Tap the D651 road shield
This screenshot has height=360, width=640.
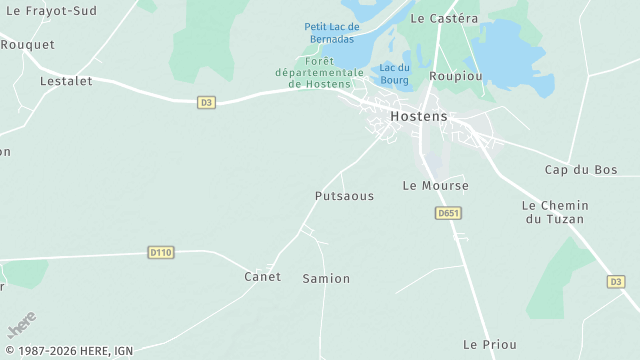(448, 213)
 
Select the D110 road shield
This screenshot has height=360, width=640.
(160, 252)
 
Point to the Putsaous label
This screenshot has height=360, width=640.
(344, 196)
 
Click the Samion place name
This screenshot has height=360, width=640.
(326, 279)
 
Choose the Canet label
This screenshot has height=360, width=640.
(263, 276)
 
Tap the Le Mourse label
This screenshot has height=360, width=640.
(435, 186)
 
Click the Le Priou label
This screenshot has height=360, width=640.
(490, 344)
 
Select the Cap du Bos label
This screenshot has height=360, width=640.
(581, 170)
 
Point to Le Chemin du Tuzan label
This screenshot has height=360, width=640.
(555, 212)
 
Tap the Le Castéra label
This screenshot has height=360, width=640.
(444, 19)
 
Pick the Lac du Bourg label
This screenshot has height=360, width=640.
(395, 73)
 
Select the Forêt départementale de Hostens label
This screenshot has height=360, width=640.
(320, 72)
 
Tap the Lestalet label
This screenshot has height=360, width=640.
(66, 81)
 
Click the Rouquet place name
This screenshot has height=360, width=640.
(27, 45)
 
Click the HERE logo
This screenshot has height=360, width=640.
(21, 326)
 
